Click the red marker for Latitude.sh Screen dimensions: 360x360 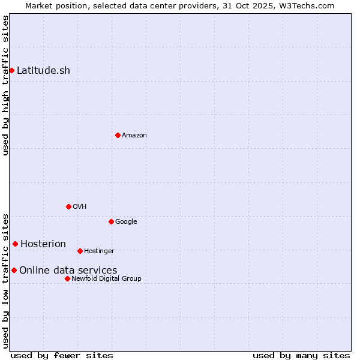pyautogui.click(x=11, y=70)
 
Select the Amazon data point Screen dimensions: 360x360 pyautogui.click(x=118, y=135)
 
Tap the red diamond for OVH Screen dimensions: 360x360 pyautogui.click(x=68, y=206)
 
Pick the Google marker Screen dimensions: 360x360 pyautogui.click(x=111, y=221)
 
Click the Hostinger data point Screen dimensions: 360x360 pyautogui.click(x=80, y=251)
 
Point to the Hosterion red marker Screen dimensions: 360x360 pyautogui.click(x=15, y=244)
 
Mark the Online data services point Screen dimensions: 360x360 pyautogui.click(x=14, y=270)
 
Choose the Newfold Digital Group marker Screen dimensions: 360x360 pyautogui.click(x=67, y=278)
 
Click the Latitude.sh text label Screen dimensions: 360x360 pyautogui.click(x=43, y=70)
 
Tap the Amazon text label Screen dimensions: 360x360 pyautogui.click(x=134, y=135)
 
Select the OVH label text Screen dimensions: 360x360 pyautogui.click(x=80, y=206)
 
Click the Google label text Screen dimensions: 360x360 pyautogui.click(x=126, y=221)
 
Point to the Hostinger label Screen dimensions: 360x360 pyautogui.click(x=99, y=251)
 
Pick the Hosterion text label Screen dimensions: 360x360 pyautogui.click(x=43, y=244)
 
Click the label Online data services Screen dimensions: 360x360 pyautogui.click(x=68, y=270)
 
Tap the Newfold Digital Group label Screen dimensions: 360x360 pyautogui.click(x=106, y=278)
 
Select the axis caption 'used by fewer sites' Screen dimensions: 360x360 pyautogui.click(x=62, y=355)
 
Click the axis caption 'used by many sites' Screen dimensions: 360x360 pyautogui.click(x=301, y=355)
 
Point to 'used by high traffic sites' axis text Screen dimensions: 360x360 pyautogui.click(x=5, y=85)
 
